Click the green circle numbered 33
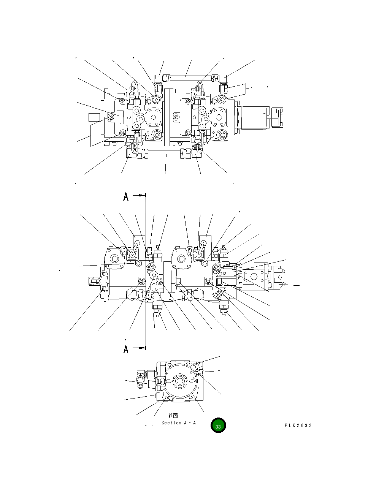point(218,426)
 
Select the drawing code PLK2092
point(298,425)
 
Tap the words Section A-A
point(178,423)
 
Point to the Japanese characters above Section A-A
point(173,416)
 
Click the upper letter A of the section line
point(126,196)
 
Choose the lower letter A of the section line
point(126,349)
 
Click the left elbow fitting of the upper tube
point(160,79)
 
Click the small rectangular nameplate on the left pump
point(121,117)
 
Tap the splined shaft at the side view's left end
point(94,281)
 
